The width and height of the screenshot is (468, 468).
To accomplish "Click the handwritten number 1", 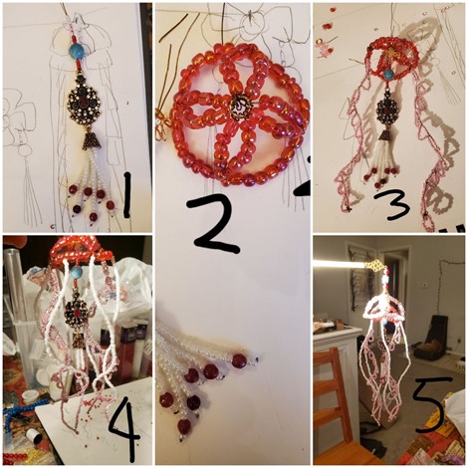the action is coord(126,195).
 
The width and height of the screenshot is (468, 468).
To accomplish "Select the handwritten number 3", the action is coord(392,205).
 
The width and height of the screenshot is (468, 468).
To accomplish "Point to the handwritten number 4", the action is coord(124,427).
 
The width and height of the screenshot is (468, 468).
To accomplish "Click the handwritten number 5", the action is coord(430,404).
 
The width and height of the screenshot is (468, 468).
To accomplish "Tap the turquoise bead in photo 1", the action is coord(77,50).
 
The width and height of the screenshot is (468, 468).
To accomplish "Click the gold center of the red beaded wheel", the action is coord(240,108).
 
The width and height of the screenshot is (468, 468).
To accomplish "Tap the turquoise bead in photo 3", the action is coord(388,74).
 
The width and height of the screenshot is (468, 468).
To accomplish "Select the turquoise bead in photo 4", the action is coord(76,272).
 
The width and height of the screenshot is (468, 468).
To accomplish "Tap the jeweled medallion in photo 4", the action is coord(76,312).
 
